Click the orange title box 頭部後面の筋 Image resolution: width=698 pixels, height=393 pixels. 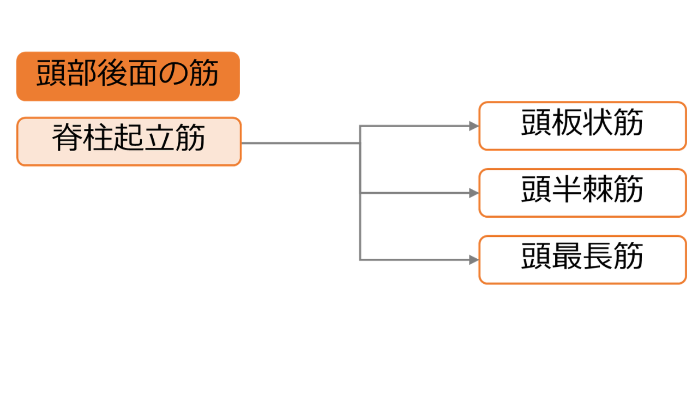(x=128, y=76)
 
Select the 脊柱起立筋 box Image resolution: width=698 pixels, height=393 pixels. (x=129, y=141)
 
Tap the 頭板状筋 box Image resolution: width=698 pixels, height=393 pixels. (x=583, y=126)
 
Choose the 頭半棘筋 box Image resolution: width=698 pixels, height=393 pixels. (x=583, y=193)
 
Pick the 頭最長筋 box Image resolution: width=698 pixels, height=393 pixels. (x=583, y=260)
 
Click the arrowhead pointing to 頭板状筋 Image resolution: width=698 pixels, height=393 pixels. (x=474, y=126)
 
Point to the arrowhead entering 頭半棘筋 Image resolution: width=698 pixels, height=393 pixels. (x=474, y=193)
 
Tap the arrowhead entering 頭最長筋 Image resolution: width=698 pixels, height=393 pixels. (x=474, y=260)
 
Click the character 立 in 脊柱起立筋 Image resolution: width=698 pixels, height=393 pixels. (x=159, y=138)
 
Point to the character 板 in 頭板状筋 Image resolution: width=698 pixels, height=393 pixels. (x=567, y=122)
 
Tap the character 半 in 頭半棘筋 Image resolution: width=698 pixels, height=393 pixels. (x=567, y=189)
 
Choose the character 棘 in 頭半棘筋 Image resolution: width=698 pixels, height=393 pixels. (x=598, y=189)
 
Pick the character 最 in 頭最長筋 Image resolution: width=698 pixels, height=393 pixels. (x=567, y=256)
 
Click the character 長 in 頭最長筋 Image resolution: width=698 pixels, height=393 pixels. (x=598, y=256)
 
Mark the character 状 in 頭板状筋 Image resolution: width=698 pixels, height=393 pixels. (x=598, y=122)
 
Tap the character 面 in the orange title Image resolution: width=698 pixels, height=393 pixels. (x=142, y=73)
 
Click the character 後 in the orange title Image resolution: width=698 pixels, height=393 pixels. (x=112, y=73)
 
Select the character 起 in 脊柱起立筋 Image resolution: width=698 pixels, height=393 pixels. (x=129, y=137)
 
